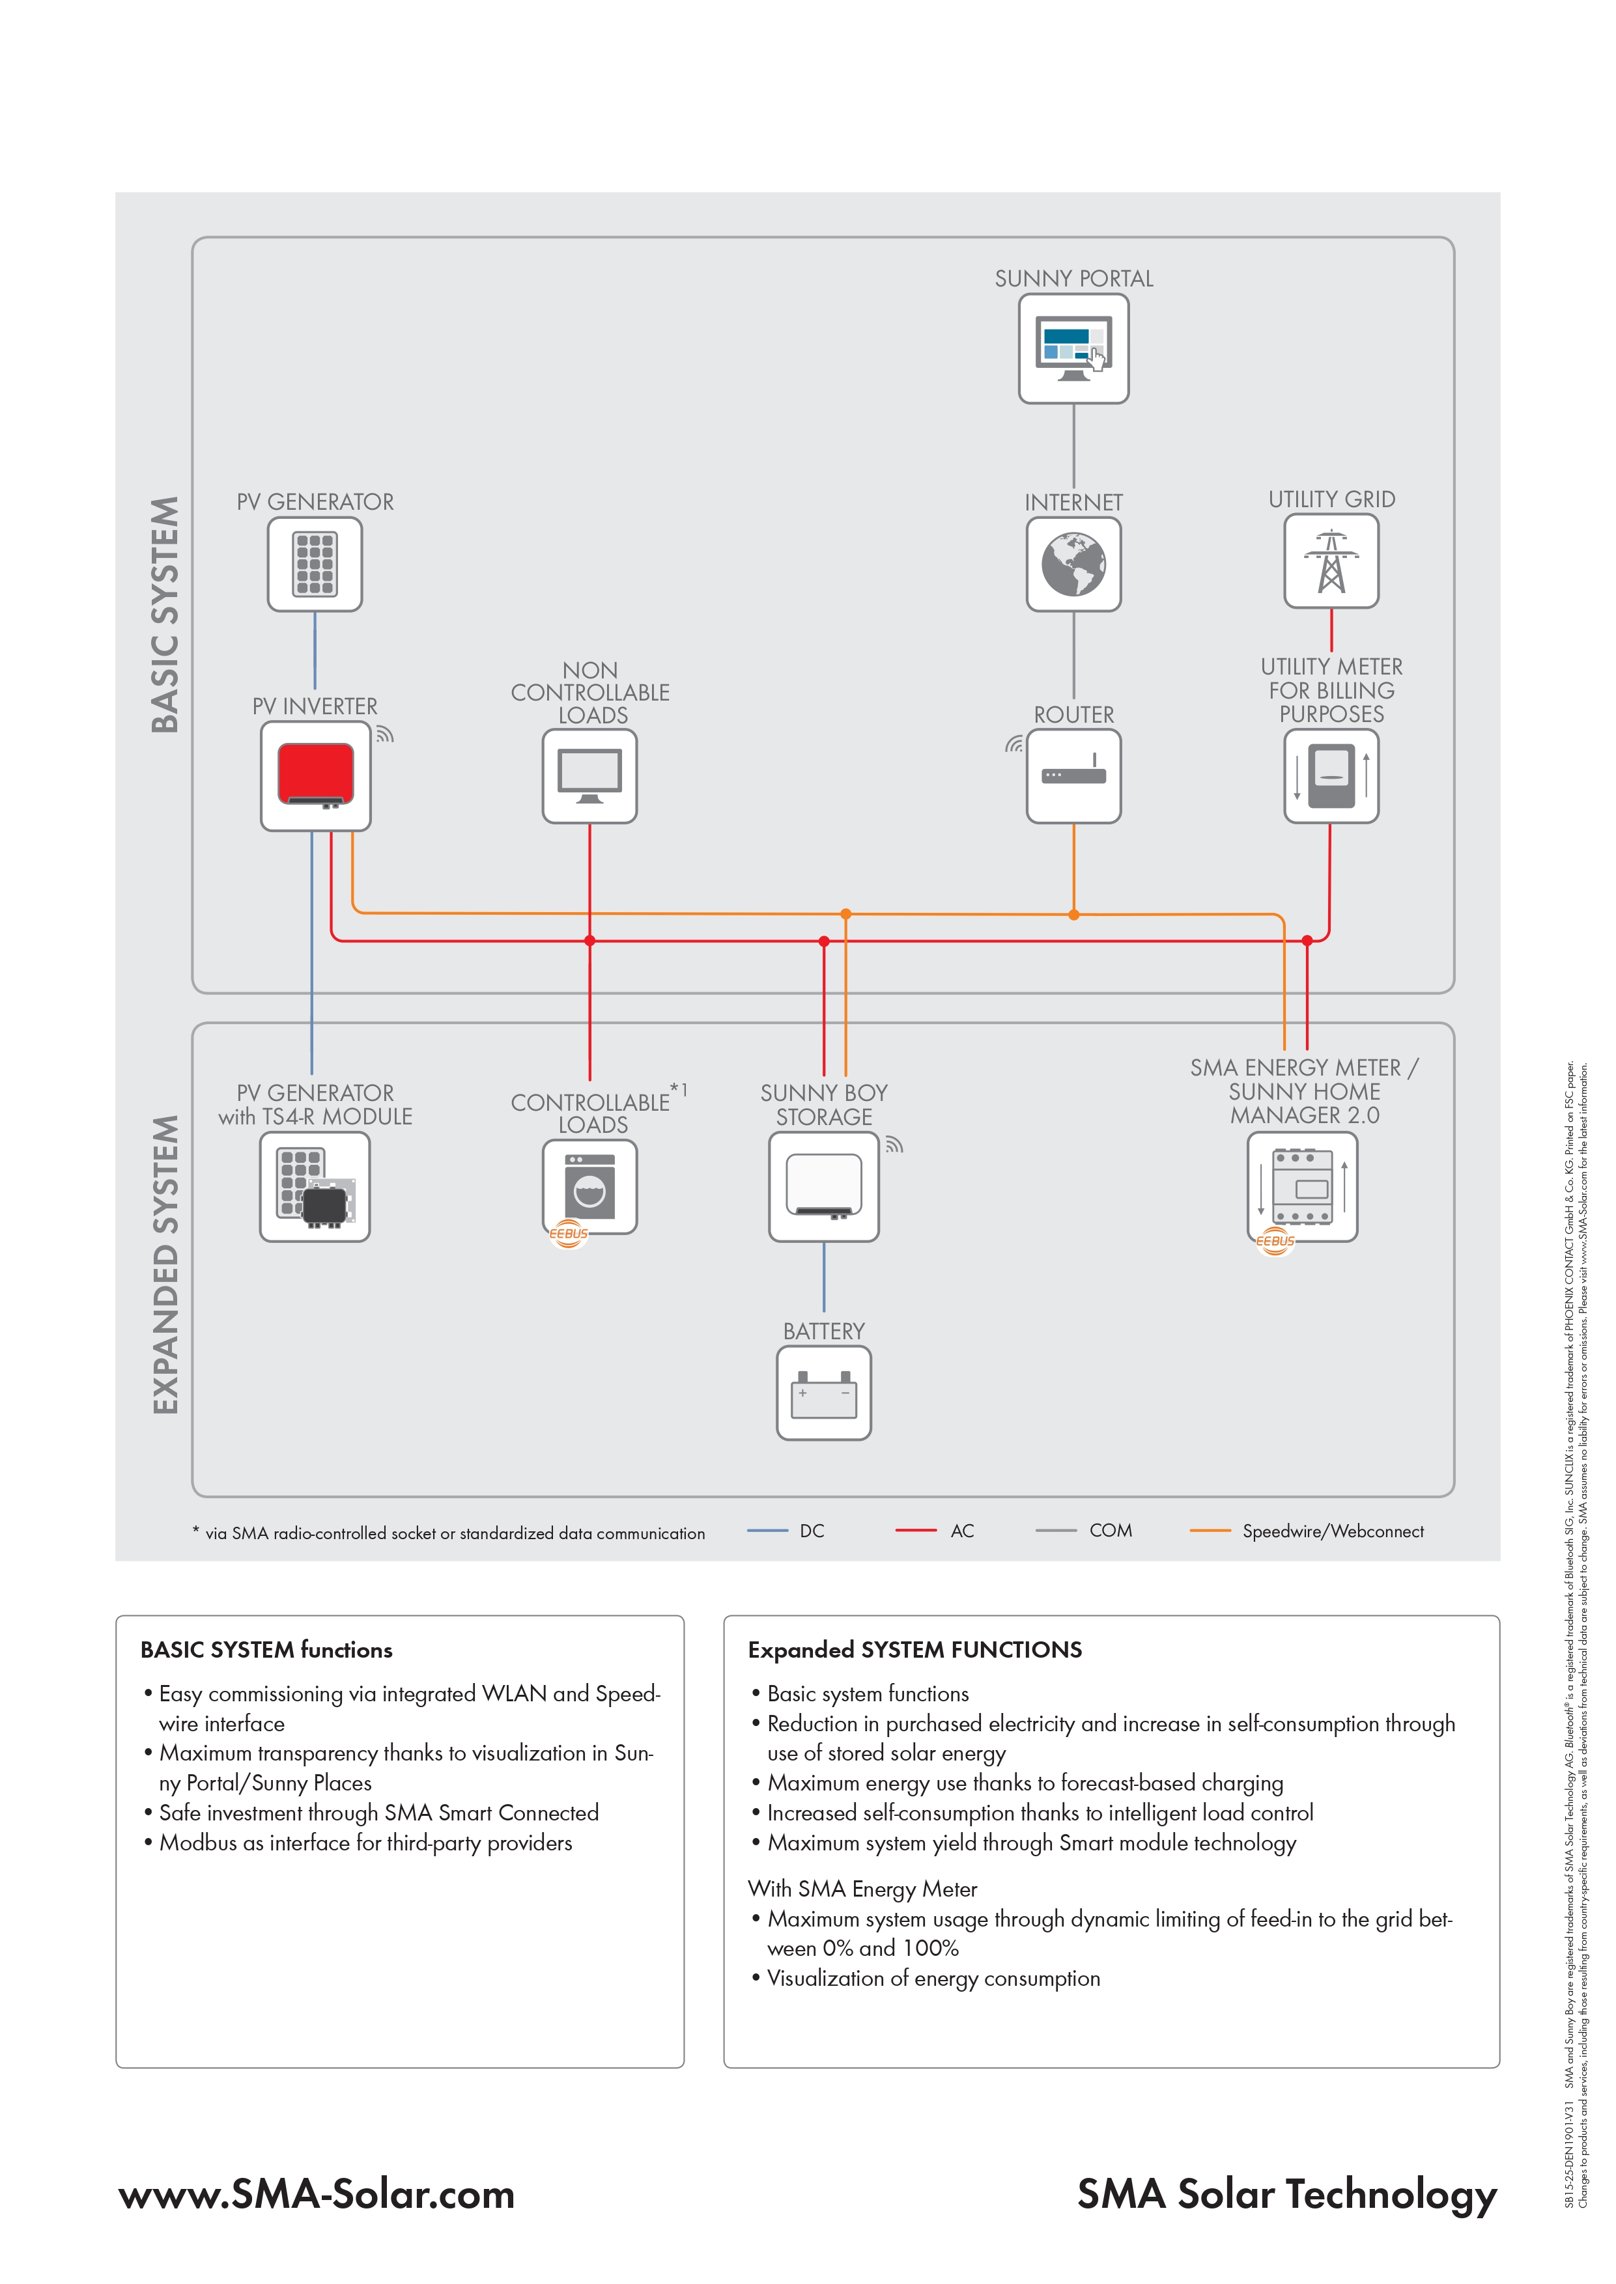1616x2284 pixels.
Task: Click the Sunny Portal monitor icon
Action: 1073,349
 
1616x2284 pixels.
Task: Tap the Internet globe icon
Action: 1073,564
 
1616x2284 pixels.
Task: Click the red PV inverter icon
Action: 315,776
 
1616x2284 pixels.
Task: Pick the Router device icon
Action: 1073,776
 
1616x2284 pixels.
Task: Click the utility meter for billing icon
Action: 1331,776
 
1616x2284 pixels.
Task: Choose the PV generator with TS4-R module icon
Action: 315,1187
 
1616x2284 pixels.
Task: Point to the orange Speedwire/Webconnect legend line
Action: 1210,1531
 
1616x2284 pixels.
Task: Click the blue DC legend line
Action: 767,1531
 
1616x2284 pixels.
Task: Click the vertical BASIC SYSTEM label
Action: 165,615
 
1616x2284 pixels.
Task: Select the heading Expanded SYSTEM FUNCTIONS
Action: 914,1649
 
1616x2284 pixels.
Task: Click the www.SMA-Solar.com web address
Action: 317,2193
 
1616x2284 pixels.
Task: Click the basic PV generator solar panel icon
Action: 315,564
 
